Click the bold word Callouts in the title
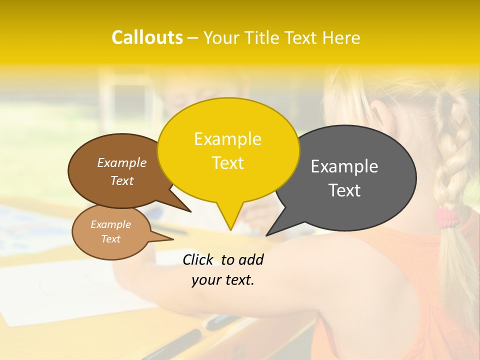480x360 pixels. coord(147,38)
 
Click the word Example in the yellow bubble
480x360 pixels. coord(227,139)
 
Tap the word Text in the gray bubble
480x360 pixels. coord(344,190)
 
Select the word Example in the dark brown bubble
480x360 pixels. coord(122,162)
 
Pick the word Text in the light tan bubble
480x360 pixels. coord(111,239)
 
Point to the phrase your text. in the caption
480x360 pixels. coord(223,280)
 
